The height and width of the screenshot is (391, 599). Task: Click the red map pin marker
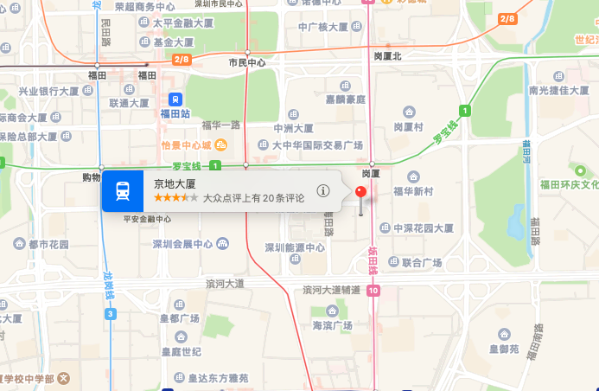[361, 193]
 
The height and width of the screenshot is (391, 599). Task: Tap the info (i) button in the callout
[323, 191]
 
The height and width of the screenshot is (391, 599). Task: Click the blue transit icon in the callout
[123, 191]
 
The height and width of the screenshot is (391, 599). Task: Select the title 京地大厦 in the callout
[175, 183]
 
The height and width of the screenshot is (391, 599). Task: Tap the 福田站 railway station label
[175, 112]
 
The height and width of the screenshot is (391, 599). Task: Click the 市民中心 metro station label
[247, 62]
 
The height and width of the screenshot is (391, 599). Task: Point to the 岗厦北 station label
[388, 55]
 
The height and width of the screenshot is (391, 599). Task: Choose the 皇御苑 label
[504, 349]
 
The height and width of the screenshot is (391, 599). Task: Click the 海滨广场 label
[333, 325]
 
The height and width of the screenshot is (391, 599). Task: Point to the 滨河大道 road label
[226, 283]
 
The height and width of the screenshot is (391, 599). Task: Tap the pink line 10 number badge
[372, 291]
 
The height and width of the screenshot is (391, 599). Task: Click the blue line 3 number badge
[110, 313]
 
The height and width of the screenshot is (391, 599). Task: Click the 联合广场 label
[422, 262]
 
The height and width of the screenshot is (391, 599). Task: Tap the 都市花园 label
[48, 245]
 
